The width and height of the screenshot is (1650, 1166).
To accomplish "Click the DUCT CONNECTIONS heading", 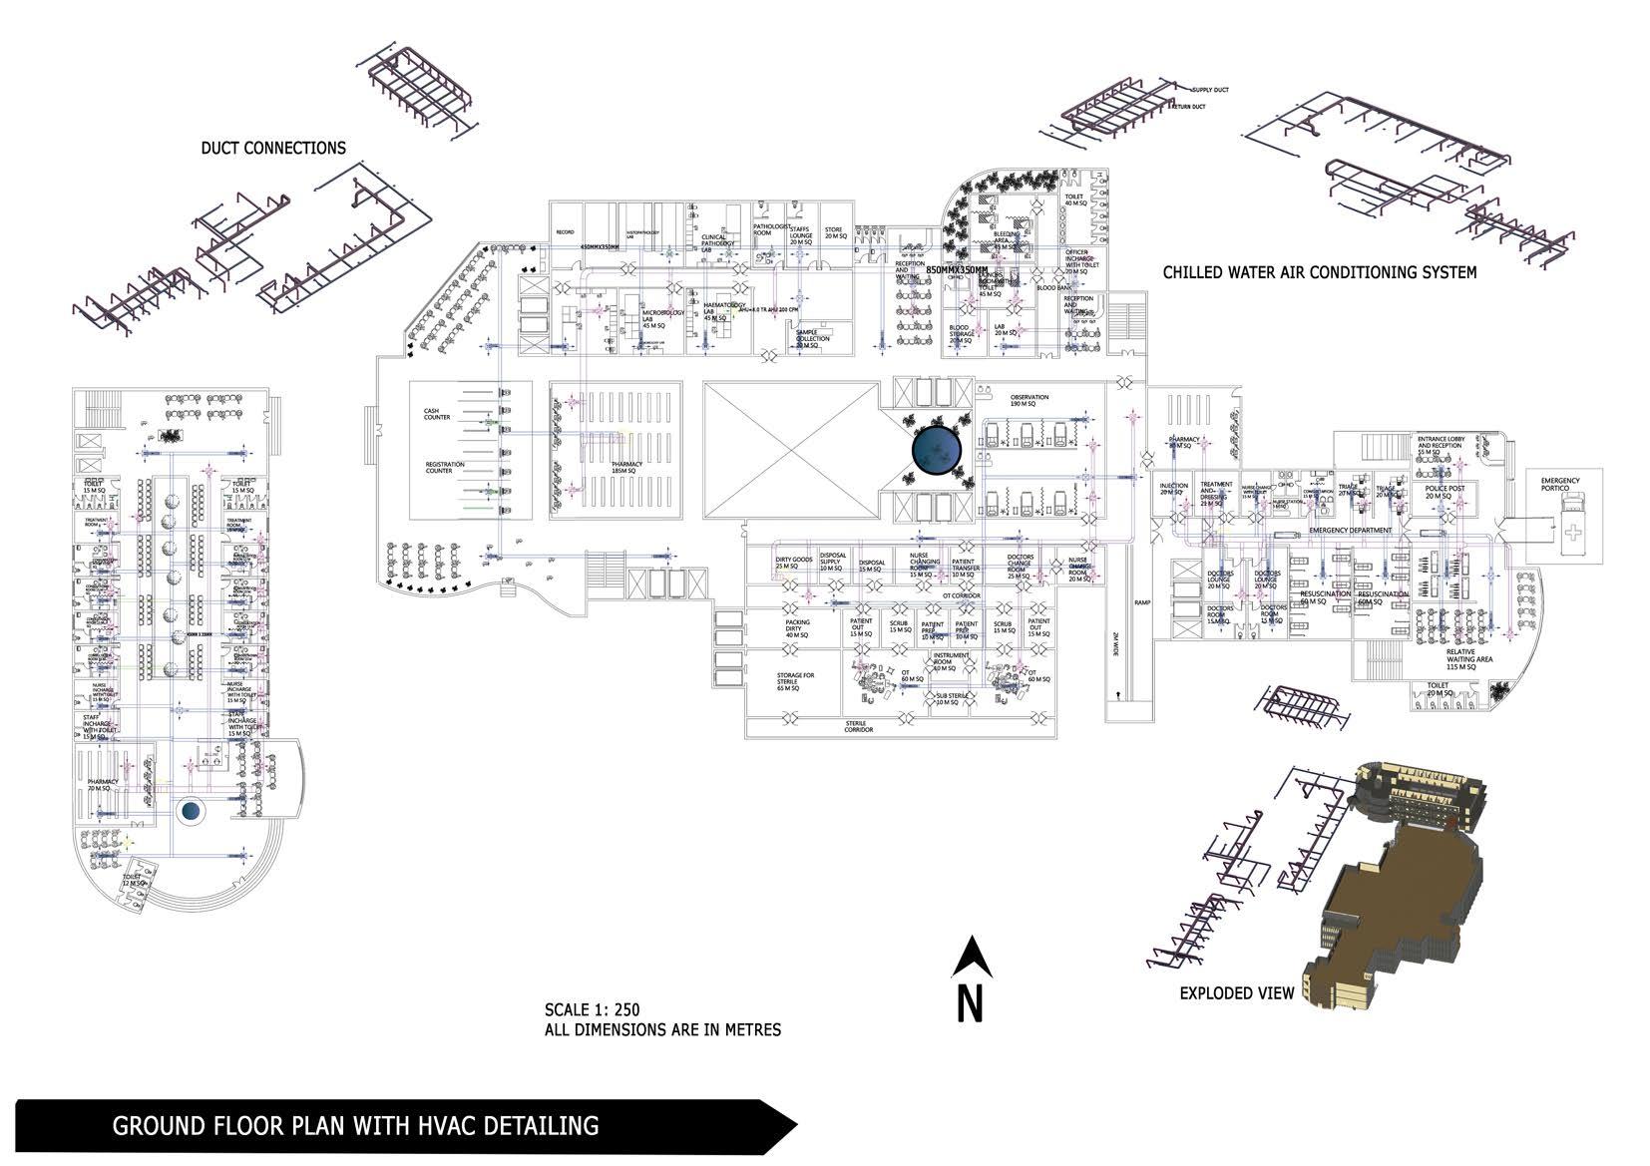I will pyautogui.click(x=273, y=149).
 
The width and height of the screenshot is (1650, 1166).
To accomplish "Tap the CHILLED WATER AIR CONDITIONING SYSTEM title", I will pyautogui.click(x=1319, y=272).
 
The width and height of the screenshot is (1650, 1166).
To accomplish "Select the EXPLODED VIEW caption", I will pyautogui.click(x=1236, y=993).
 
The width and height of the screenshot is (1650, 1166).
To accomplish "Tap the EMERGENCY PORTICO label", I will pyautogui.click(x=1559, y=485).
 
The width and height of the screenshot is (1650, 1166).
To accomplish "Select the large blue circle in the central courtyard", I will pyautogui.click(x=937, y=451).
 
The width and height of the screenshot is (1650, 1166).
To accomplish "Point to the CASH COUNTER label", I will pyautogui.click(x=437, y=414).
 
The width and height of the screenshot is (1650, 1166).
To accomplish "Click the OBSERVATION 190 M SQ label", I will pyautogui.click(x=1029, y=400).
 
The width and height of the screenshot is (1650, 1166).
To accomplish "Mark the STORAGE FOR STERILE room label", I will pyautogui.click(x=795, y=681).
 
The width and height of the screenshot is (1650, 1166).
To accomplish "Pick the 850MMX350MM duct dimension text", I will pyautogui.click(x=957, y=270).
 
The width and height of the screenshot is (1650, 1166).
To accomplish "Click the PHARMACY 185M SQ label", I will pyautogui.click(x=626, y=467).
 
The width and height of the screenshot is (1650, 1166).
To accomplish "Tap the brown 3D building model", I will pyautogui.click(x=1397, y=878).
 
